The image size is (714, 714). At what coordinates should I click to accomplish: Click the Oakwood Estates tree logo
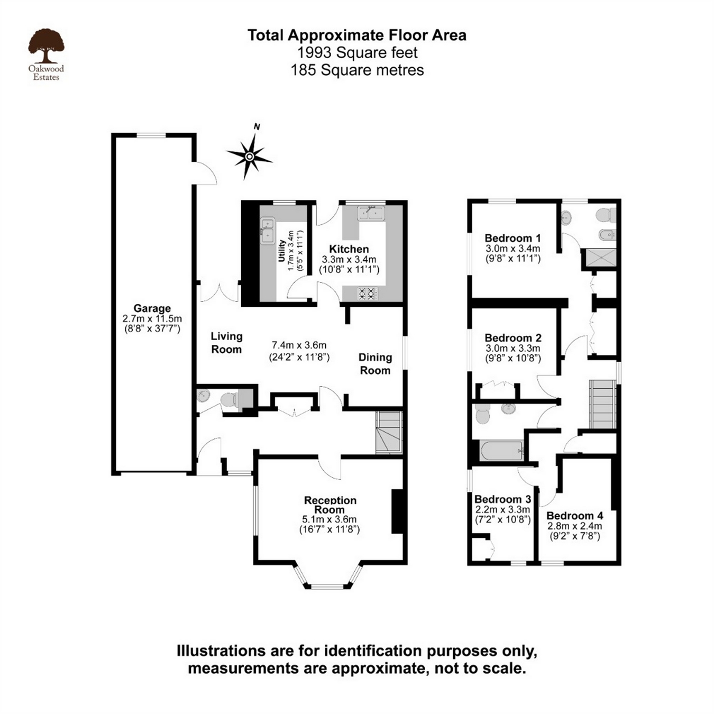(46, 47)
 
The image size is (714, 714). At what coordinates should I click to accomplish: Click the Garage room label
(152, 308)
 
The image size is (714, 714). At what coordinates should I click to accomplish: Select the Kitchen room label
(349, 249)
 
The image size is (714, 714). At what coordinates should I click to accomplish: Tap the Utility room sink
(268, 231)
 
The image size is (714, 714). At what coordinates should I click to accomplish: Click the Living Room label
(226, 343)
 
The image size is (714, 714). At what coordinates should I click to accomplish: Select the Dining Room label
(375, 364)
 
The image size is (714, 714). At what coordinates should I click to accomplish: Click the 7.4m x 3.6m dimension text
(299, 345)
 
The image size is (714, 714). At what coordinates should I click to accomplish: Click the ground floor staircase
(389, 433)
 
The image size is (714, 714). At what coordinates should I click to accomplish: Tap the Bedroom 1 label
(512, 238)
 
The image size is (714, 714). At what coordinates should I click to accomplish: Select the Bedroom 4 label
(574, 516)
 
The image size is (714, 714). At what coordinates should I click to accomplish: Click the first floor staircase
(602, 404)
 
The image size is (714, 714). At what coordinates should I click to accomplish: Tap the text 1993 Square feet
(357, 53)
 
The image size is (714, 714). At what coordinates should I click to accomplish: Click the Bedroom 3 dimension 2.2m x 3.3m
(502, 510)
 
